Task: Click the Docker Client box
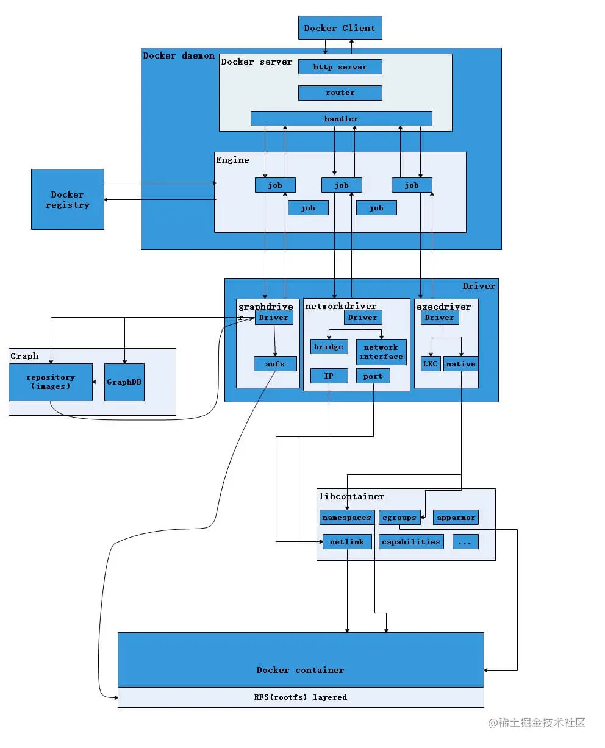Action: (x=340, y=28)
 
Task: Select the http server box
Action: (x=340, y=67)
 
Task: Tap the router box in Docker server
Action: (x=340, y=93)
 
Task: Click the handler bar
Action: (x=341, y=119)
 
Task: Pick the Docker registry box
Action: (x=68, y=199)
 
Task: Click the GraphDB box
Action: (x=124, y=382)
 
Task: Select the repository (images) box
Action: (x=51, y=382)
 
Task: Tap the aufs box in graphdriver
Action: (x=275, y=364)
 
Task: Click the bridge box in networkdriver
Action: (x=329, y=347)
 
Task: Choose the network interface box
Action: (x=381, y=352)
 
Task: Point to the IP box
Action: (x=329, y=376)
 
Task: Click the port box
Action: (x=373, y=376)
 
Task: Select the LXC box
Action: (x=431, y=364)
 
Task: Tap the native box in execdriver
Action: (x=460, y=364)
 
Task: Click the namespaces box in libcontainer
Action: (x=346, y=518)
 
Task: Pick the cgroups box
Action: (x=399, y=518)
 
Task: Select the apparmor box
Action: (x=456, y=518)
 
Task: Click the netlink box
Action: (x=346, y=541)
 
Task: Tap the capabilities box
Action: (x=410, y=541)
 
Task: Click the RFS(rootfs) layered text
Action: (x=300, y=697)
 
